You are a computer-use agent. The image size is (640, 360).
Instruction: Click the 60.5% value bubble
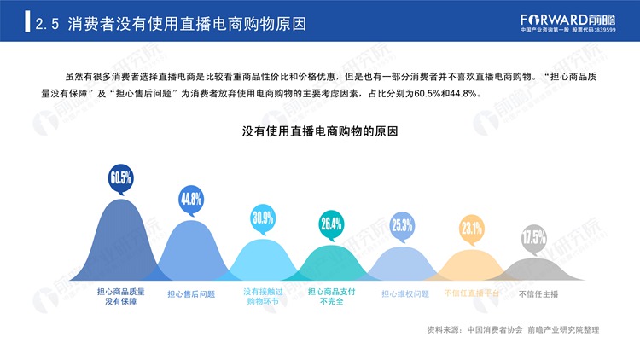[x=121, y=177]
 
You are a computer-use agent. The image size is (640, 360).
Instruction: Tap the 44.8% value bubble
[x=191, y=200]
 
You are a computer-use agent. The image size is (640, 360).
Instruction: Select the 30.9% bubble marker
[x=263, y=218]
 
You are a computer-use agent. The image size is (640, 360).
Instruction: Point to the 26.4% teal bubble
[x=331, y=224]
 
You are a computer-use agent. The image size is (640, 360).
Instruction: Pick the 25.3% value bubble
[x=402, y=225]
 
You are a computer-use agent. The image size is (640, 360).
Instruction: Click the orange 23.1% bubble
[x=472, y=229]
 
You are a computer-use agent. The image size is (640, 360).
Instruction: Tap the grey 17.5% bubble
[x=533, y=238]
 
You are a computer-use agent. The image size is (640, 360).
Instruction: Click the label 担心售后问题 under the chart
[x=191, y=294]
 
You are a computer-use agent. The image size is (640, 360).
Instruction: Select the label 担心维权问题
[x=405, y=293]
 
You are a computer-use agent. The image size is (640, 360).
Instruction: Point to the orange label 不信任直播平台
[x=472, y=293]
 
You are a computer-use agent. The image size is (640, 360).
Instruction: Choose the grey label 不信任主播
[x=538, y=293]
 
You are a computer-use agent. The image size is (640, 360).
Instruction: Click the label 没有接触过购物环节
[x=263, y=297]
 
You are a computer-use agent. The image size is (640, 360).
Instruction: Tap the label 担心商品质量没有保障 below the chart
[x=121, y=297]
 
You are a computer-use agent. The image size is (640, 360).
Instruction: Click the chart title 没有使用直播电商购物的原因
[x=320, y=131]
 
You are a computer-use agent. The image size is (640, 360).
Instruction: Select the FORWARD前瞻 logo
[x=567, y=23]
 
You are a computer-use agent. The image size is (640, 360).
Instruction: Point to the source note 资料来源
[x=513, y=330]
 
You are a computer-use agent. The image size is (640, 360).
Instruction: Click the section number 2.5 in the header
[x=47, y=24]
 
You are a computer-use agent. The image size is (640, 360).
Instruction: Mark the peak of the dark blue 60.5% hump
[x=121, y=199]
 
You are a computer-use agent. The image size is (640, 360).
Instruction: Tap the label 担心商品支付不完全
[x=331, y=297]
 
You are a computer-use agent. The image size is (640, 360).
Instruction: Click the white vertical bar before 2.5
[x=27, y=21]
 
